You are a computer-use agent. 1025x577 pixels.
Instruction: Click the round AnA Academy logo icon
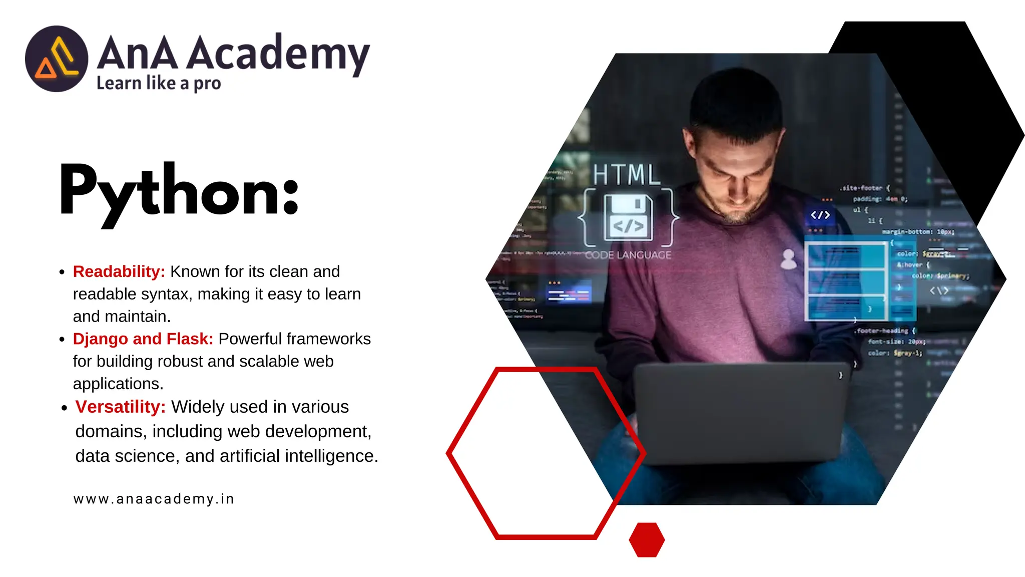57,59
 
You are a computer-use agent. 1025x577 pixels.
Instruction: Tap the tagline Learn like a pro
158,83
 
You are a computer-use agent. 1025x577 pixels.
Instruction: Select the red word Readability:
119,271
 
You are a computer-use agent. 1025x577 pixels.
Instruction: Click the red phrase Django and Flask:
143,339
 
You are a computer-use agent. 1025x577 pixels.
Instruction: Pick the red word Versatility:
120,407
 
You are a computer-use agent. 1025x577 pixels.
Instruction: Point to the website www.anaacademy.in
154,499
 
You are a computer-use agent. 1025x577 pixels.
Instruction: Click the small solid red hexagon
647,540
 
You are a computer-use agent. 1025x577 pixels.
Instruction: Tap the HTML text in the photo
626,175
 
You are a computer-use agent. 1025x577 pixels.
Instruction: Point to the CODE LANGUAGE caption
628,255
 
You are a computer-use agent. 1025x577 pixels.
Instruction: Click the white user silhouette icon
788,259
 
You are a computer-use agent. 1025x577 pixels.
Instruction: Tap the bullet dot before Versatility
64,408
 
